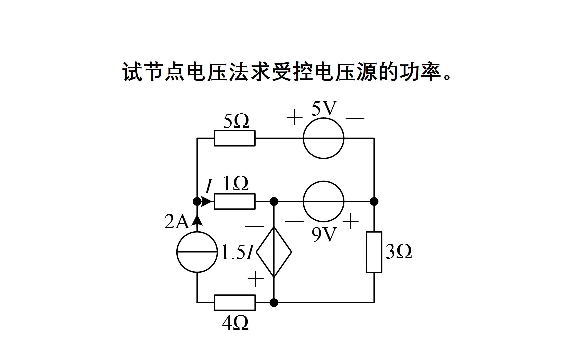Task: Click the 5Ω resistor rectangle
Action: click(x=234, y=138)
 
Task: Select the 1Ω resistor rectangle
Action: click(x=234, y=201)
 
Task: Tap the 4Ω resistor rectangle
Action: click(x=234, y=303)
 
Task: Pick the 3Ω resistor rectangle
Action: click(x=374, y=252)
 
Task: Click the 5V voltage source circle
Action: click(x=323, y=138)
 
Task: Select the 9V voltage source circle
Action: click(x=323, y=201)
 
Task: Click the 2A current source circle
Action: click(x=197, y=252)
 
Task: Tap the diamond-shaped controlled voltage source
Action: click(x=274, y=252)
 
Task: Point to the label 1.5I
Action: click(x=238, y=252)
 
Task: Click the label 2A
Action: click(x=177, y=222)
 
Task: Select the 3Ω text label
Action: click(x=399, y=252)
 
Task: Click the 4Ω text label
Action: click(x=235, y=323)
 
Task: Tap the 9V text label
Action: click(x=324, y=235)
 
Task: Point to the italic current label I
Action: click(x=208, y=187)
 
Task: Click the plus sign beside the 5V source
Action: click(x=294, y=118)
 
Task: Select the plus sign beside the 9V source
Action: click(x=351, y=222)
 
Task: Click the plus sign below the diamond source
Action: click(x=256, y=279)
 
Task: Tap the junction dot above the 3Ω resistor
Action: click(x=374, y=201)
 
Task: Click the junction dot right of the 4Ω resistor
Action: click(x=274, y=303)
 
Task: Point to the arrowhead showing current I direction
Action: click(x=207, y=201)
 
